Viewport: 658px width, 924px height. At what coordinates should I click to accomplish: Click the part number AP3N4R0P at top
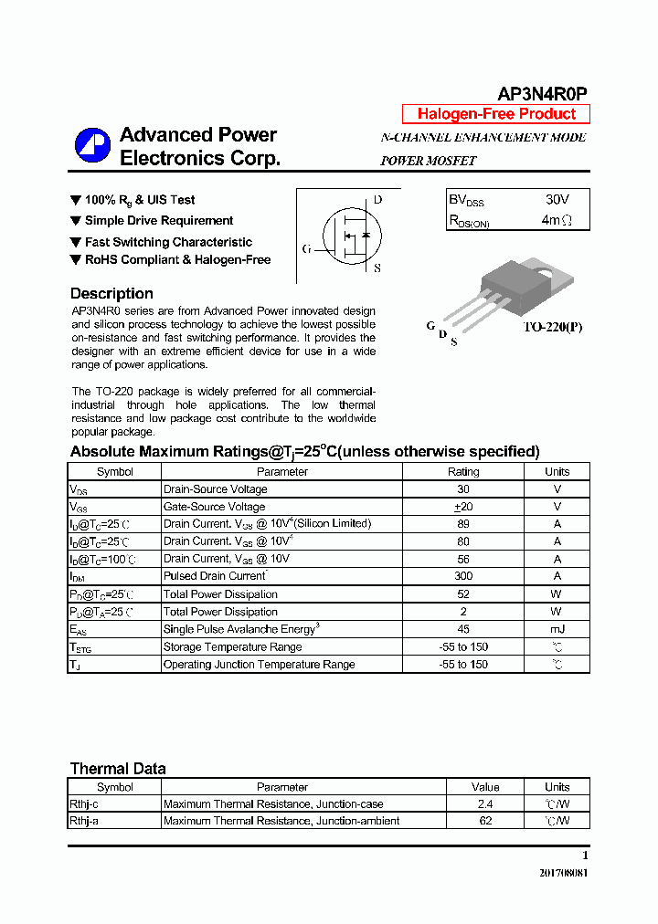point(542,94)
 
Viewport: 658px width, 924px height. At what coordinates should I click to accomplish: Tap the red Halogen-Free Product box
point(496,114)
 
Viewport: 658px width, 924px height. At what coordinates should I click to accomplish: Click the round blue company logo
point(92,146)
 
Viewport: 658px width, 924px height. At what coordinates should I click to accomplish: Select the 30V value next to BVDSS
point(556,199)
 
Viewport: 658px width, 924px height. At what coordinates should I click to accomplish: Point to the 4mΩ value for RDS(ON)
point(556,220)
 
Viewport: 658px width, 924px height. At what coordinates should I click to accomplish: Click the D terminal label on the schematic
point(377,200)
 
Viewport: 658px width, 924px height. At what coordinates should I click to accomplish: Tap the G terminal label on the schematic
point(306,248)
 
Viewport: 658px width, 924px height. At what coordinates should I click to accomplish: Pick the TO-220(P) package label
point(552,326)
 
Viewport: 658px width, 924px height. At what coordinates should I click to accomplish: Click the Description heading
point(111,293)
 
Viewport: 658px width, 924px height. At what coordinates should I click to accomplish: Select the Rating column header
point(462,472)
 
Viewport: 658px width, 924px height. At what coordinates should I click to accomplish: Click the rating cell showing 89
point(462,524)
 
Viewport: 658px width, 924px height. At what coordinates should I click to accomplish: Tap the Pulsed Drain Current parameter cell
point(215,576)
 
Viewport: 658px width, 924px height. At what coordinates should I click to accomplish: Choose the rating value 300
point(462,576)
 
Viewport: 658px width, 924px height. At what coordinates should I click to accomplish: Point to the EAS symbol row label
point(79,629)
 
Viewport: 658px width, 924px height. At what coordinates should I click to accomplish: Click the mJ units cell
point(557,629)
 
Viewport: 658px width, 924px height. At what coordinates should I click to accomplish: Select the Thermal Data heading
point(118,769)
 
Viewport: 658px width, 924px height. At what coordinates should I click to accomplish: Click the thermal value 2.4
point(485,804)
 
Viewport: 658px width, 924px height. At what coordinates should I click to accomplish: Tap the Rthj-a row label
point(86,821)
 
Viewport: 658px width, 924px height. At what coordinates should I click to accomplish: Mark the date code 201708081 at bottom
point(564,873)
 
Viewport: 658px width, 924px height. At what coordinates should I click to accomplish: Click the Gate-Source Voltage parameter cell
point(214,507)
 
